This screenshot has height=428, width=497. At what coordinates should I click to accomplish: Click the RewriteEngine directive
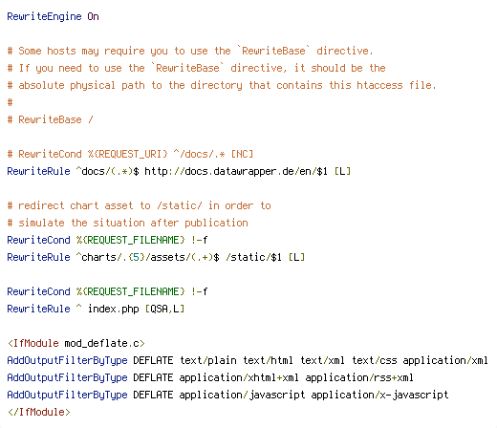pyautogui.click(x=44, y=16)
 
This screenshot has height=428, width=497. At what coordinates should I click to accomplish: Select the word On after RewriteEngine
pyautogui.click(x=93, y=16)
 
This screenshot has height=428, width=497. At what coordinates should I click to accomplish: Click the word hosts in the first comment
pyautogui.click(x=61, y=51)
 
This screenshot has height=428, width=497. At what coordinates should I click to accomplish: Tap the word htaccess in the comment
pyautogui.click(x=379, y=85)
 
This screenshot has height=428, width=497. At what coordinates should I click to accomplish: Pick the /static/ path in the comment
pyautogui.click(x=180, y=205)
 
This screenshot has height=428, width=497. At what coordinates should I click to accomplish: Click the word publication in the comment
pyautogui.click(x=216, y=223)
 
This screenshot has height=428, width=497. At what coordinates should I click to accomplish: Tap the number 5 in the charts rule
pyautogui.click(x=137, y=257)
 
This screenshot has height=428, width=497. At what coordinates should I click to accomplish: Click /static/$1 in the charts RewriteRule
pyautogui.click(x=254, y=257)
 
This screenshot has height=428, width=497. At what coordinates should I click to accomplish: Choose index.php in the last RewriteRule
pyautogui.click(x=114, y=309)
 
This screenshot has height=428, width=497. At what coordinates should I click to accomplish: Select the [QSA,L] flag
pyautogui.click(x=164, y=309)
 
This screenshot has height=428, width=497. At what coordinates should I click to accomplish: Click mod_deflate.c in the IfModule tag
pyautogui.click(x=102, y=343)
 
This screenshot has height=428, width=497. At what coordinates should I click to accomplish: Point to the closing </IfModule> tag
pyautogui.click(x=38, y=412)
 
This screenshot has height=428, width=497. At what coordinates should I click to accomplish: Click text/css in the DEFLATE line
pyautogui.click(x=375, y=360)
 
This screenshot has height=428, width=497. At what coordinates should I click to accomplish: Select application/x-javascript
pyautogui.click(x=379, y=395)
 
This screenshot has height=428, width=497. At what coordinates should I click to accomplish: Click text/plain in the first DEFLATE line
pyautogui.click(x=208, y=360)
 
